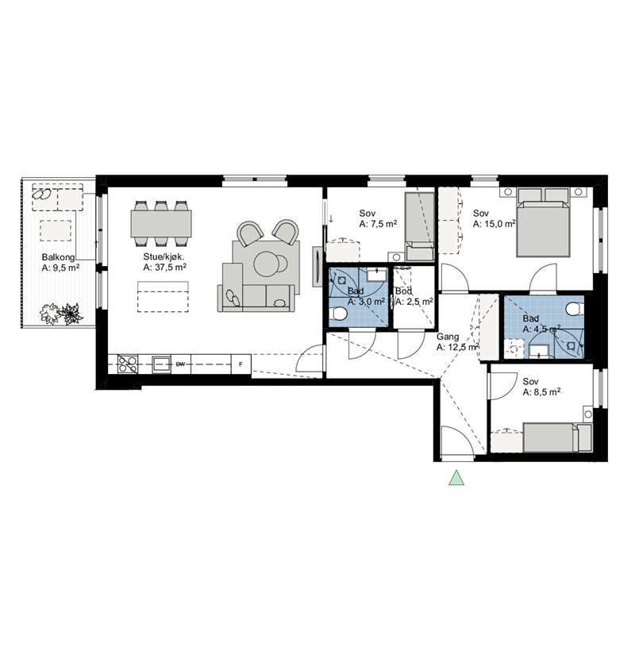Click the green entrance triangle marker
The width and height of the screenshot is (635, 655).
(x=456, y=478)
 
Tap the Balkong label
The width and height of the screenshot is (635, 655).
(x=58, y=257)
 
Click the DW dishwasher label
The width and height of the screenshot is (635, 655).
(x=180, y=364)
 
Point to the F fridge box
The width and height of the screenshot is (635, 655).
(x=241, y=364)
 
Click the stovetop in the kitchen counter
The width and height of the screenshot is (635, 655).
(x=128, y=364)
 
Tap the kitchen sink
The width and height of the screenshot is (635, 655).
(x=161, y=364)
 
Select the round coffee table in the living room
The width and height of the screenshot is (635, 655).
(x=266, y=264)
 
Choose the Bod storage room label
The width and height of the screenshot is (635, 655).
(x=403, y=291)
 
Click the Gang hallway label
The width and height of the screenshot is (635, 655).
(x=448, y=337)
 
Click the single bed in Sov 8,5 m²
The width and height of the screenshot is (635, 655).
(x=557, y=437)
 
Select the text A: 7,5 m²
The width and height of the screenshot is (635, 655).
(x=378, y=224)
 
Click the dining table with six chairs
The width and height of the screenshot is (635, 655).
(x=161, y=223)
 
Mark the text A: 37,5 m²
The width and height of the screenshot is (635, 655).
(x=164, y=268)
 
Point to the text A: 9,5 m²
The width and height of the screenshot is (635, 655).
(x=60, y=268)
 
